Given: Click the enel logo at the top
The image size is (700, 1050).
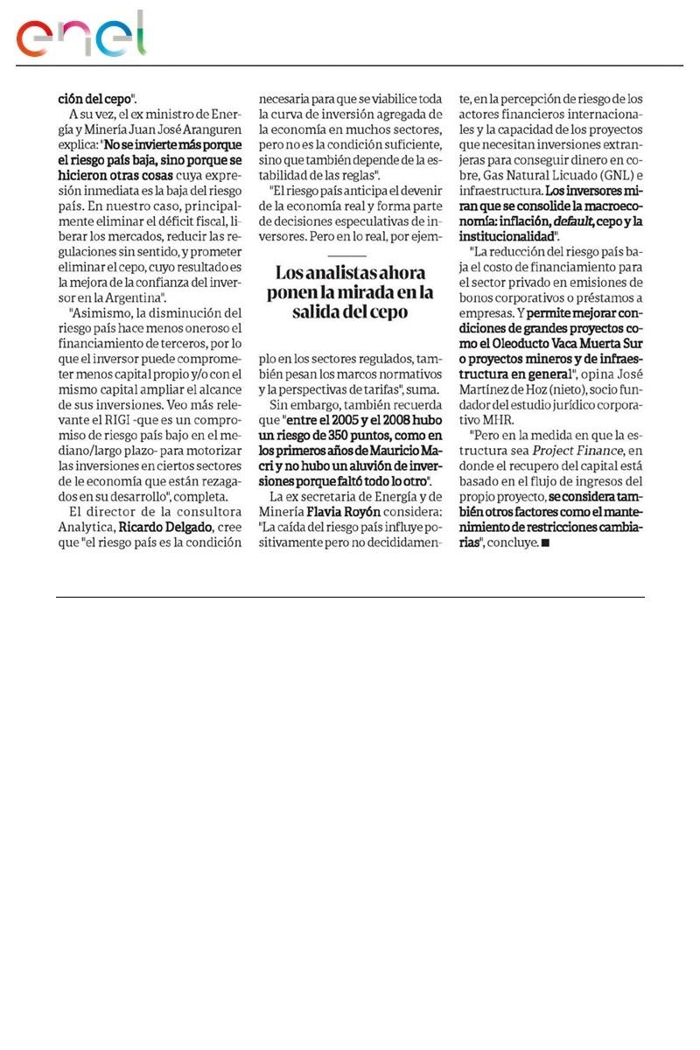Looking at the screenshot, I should [81, 36].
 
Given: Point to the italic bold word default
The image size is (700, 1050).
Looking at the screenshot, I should [574, 221].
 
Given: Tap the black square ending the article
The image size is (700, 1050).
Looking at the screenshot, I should [546, 543].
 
